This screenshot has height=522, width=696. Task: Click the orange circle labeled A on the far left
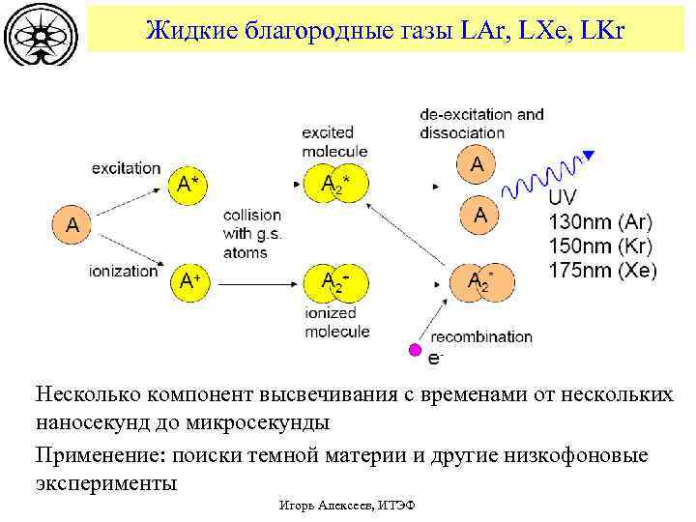(72, 225)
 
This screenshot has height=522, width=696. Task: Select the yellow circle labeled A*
(190, 185)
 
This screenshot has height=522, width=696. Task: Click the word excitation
(126, 168)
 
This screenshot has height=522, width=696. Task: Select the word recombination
(481, 336)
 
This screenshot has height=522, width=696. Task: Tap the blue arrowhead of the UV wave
(589, 155)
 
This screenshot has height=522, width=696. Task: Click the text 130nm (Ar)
(600, 220)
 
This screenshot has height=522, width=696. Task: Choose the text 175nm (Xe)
(601, 272)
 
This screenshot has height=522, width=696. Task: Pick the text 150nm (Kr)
(600, 246)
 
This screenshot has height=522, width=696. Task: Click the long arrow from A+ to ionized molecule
(257, 283)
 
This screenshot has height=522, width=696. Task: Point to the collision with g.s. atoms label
(251, 234)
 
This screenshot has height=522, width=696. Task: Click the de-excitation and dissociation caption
(481, 123)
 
